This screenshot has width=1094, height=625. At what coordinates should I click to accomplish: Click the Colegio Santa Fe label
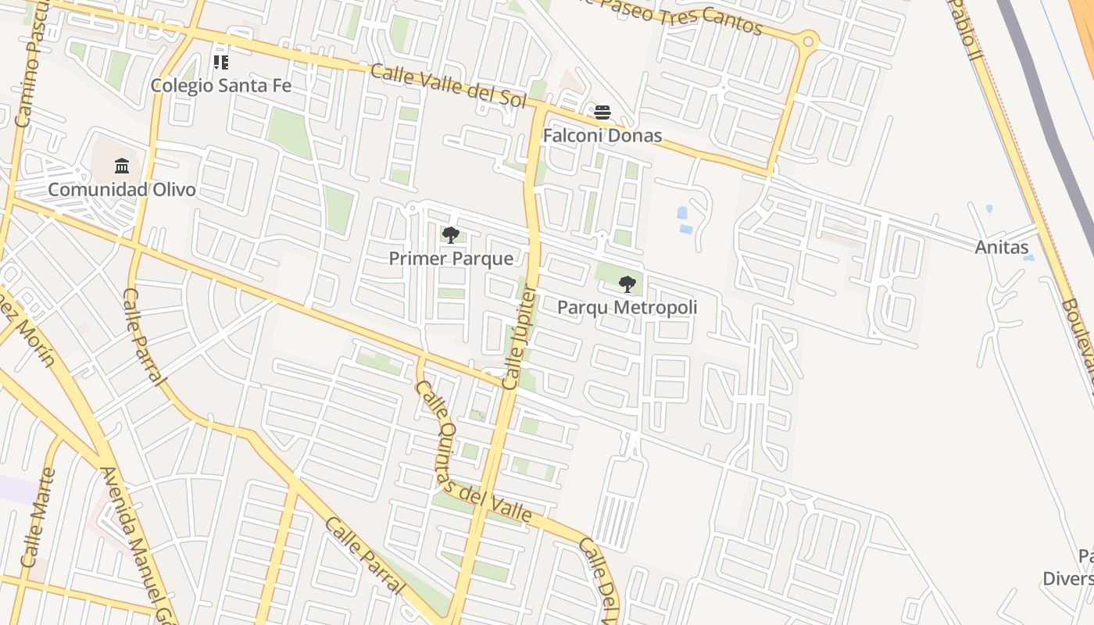[x=220, y=85]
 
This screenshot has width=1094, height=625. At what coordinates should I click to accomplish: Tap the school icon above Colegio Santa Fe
[x=221, y=62]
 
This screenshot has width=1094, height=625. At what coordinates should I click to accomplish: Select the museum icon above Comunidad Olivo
[x=122, y=166]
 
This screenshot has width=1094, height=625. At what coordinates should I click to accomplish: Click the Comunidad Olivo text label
[x=122, y=190]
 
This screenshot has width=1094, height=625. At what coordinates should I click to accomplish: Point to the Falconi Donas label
[x=602, y=136]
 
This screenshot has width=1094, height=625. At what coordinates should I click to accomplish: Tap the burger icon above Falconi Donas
[x=602, y=112]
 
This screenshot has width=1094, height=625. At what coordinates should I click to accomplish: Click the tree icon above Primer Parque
[x=451, y=234]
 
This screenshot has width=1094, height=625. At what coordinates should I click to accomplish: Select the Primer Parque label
[x=451, y=259]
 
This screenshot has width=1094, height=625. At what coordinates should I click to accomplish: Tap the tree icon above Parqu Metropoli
[x=627, y=284]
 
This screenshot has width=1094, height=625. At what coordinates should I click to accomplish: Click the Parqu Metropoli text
[x=627, y=308]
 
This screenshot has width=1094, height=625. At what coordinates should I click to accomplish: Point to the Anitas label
[x=1002, y=248]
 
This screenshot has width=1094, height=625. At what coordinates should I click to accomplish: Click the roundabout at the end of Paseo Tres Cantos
[x=808, y=41]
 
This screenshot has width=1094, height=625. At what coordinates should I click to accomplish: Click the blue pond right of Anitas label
[x=1028, y=257]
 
